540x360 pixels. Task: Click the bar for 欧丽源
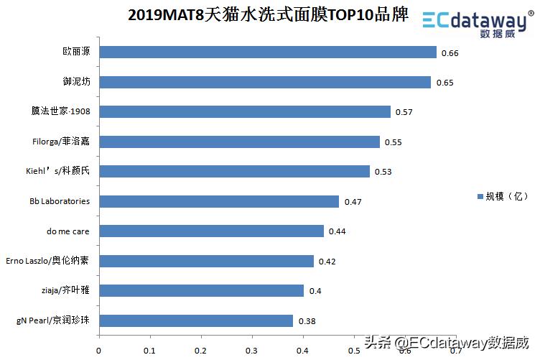[x=267, y=52]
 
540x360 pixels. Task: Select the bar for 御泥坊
[x=264, y=82]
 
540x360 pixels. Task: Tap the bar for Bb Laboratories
[x=218, y=201]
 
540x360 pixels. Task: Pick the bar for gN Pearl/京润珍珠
[x=195, y=320]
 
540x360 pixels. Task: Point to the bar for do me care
[x=211, y=231]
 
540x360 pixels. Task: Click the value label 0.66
[x=450, y=53]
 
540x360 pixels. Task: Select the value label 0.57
[x=404, y=113]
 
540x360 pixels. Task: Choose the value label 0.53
[x=383, y=172]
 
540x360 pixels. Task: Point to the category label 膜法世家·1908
[x=61, y=112]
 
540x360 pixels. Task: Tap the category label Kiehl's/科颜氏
[x=58, y=172]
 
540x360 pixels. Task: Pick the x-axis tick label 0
[x=99, y=351]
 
